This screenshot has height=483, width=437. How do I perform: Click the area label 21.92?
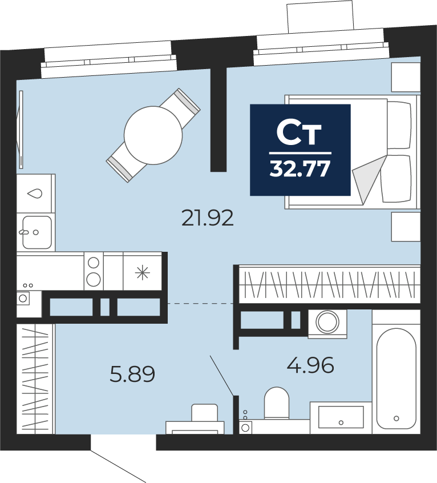pyautogui.click(x=208, y=218)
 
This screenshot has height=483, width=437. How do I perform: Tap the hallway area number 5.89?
pyautogui.click(x=132, y=374)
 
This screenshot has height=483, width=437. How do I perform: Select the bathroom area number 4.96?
pyautogui.click(x=310, y=365)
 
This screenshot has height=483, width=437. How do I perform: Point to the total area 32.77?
pyautogui.click(x=300, y=169)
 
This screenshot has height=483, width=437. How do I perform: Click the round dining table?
pyautogui.click(x=153, y=135)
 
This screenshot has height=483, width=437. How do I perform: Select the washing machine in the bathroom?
pyautogui.click(x=327, y=324)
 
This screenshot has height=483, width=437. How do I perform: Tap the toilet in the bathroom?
pyautogui.click(x=277, y=403)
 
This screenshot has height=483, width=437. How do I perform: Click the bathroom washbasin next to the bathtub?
pyautogui.click(x=341, y=417)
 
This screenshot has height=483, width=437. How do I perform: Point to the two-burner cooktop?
pyautogui.click(x=94, y=271)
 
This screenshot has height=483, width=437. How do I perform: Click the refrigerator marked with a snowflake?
pyautogui.click(x=143, y=271)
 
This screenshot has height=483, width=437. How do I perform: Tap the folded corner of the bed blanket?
pyautogui.click(x=368, y=179)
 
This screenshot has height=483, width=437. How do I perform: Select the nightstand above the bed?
pyautogui.click(x=406, y=77)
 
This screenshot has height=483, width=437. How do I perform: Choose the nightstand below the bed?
pyautogui.click(x=406, y=227)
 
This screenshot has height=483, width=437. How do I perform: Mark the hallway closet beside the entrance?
pyautogui.click(x=35, y=379)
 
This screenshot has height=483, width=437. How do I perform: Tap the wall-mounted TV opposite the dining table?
pyautogui.click(x=21, y=130)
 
